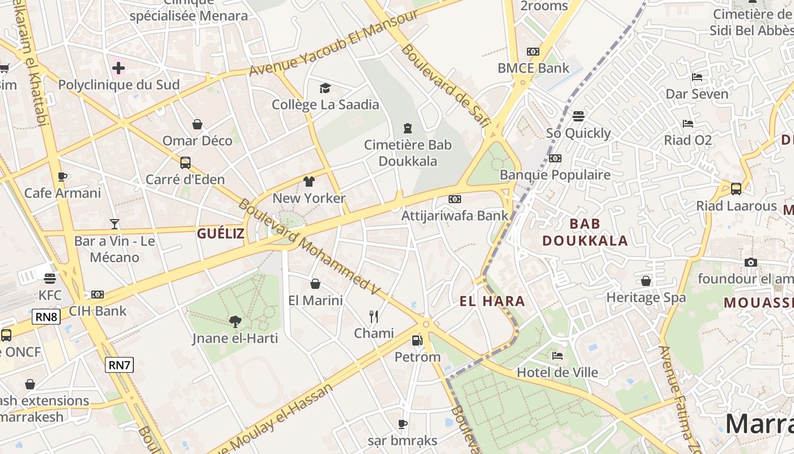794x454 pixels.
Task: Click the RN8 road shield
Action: pos(47,317)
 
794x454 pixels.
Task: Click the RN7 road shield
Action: pos(119,365)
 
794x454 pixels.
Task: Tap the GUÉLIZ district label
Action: pos(221,233)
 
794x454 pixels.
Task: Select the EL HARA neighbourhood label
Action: pos(492,301)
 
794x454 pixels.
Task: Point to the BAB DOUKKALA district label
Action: pos(585,232)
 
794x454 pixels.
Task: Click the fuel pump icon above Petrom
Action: pos(417,340)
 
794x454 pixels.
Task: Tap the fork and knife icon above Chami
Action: pos(373,317)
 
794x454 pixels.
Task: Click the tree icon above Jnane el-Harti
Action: pos(235,322)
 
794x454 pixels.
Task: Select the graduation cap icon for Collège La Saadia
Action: pos(325,88)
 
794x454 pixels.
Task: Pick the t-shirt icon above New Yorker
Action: pos(309,182)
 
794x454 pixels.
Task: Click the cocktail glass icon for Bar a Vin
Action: pos(115,224)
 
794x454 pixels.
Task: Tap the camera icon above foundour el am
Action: pos(750,262)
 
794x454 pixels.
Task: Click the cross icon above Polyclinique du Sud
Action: pos(119,69)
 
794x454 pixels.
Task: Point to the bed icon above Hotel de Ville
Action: pos(558,356)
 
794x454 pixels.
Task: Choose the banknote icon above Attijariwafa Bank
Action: pos(455,199)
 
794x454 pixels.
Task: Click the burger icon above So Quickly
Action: pos(578,116)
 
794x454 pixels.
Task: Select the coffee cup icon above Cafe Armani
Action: pos(62,176)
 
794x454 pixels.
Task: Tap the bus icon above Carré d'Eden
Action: pos(185,163)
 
